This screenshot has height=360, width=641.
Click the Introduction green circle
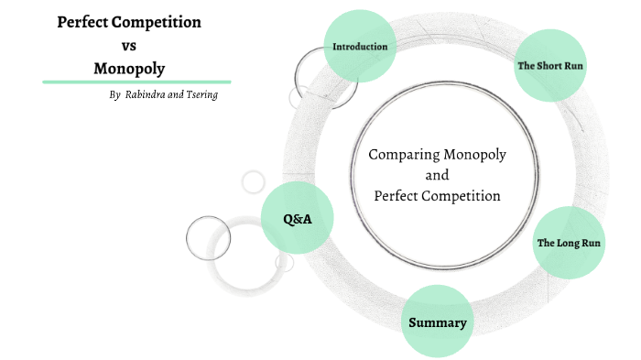click(360, 46)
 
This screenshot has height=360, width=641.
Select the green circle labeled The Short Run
click(550, 65)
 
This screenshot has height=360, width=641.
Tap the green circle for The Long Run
click(569, 243)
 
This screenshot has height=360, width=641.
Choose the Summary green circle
click(438, 322)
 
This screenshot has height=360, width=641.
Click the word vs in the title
click(129, 45)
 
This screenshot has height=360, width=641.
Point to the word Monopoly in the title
click(129, 68)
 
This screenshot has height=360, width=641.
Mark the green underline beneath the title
click(136, 82)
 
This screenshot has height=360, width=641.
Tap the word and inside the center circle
click(438, 175)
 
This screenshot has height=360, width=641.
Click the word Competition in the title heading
click(165, 22)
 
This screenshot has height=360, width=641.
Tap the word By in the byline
click(114, 95)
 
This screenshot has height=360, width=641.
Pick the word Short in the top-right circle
click(552, 66)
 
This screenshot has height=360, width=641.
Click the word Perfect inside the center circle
click(397, 195)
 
